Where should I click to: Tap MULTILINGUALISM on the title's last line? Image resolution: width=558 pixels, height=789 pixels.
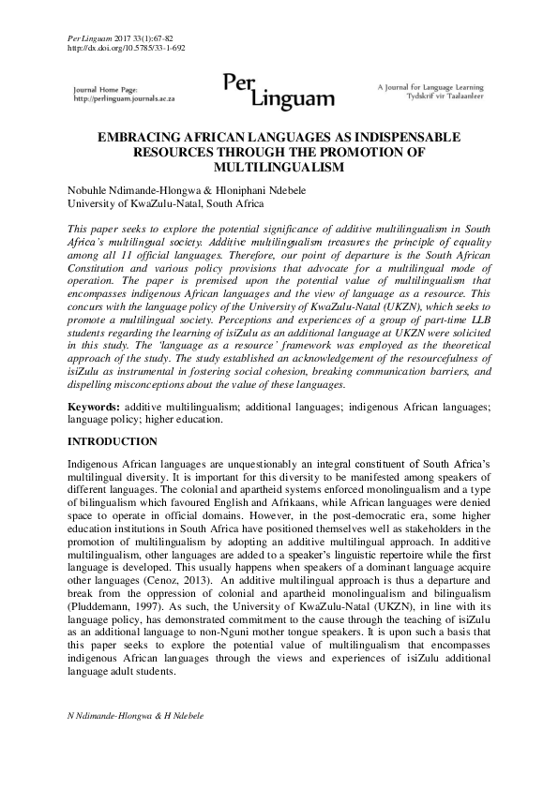(x=279, y=167)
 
